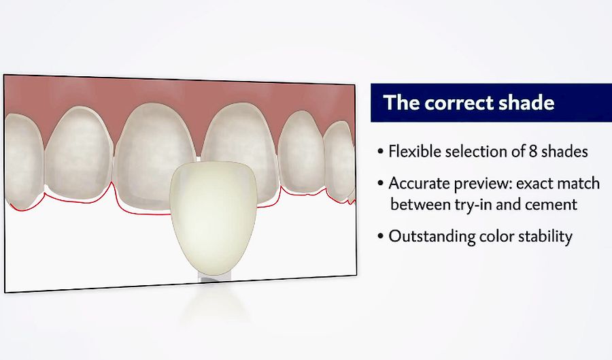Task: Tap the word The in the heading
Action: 402,103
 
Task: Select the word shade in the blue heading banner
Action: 528,103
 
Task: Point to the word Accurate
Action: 416,184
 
